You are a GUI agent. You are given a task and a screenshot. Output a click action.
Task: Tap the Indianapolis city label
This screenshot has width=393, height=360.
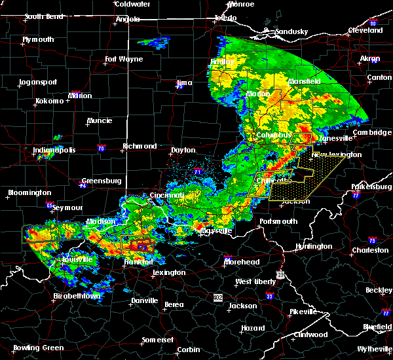pyautogui.click(x=54, y=151)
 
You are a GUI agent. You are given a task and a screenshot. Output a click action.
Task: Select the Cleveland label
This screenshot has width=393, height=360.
pyautogui.click(x=365, y=31)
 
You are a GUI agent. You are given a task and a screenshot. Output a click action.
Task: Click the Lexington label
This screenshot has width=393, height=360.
pyautogui.click(x=169, y=272)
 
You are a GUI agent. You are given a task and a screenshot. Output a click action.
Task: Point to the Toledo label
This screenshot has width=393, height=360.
pyautogui.click(x=225, y=18)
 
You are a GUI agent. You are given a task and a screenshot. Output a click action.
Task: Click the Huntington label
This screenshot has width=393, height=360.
pyautogui.click(x=313, y=246)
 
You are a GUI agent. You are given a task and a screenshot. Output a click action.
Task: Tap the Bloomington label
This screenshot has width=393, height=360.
pyautogui.click(x=29, y=193)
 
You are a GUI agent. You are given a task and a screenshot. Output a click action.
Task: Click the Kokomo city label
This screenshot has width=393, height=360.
pyautogui.click(x=49, y=101)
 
